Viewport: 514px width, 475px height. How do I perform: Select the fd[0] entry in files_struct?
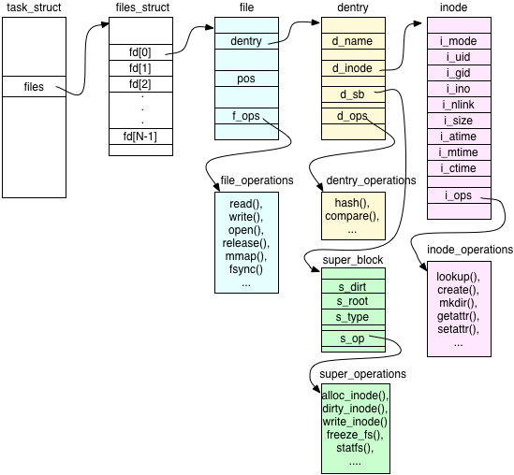coord(140,52)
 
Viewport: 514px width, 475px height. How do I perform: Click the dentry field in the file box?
coord(245,40)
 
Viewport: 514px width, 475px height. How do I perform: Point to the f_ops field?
coord(245,117)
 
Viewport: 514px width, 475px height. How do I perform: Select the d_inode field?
coord(352,67)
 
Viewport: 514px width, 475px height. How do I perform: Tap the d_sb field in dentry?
coord(352,94)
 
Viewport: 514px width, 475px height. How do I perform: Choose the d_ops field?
coord(352,116)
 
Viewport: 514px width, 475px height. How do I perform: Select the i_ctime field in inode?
coord(459,168)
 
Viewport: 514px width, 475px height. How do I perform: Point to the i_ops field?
coord(459,196)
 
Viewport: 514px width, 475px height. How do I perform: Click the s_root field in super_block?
coord(352,302)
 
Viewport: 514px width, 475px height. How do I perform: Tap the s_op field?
coord(352,338)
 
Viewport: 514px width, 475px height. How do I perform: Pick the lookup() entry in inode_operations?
coord(458,277)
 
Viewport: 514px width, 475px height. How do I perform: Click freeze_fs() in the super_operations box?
coord(352,435)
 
